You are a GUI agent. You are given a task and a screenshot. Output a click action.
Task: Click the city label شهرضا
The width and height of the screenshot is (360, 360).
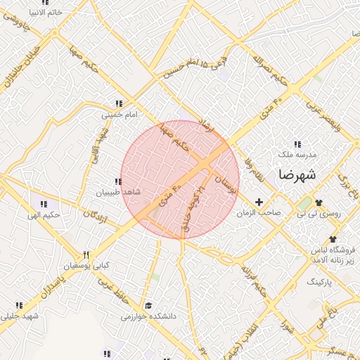click(x=297, y=174)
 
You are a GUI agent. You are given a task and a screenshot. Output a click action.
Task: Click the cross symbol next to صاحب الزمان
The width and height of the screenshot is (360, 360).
click(x=259, y=202)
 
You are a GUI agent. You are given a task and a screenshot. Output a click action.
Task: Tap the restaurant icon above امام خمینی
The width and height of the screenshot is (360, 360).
click(x=120, y=103)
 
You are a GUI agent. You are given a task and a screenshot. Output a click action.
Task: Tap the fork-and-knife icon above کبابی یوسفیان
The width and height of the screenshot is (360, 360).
click(x=86, y=255)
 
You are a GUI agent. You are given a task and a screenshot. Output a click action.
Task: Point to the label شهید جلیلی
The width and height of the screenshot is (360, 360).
click(x=21, y=316)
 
